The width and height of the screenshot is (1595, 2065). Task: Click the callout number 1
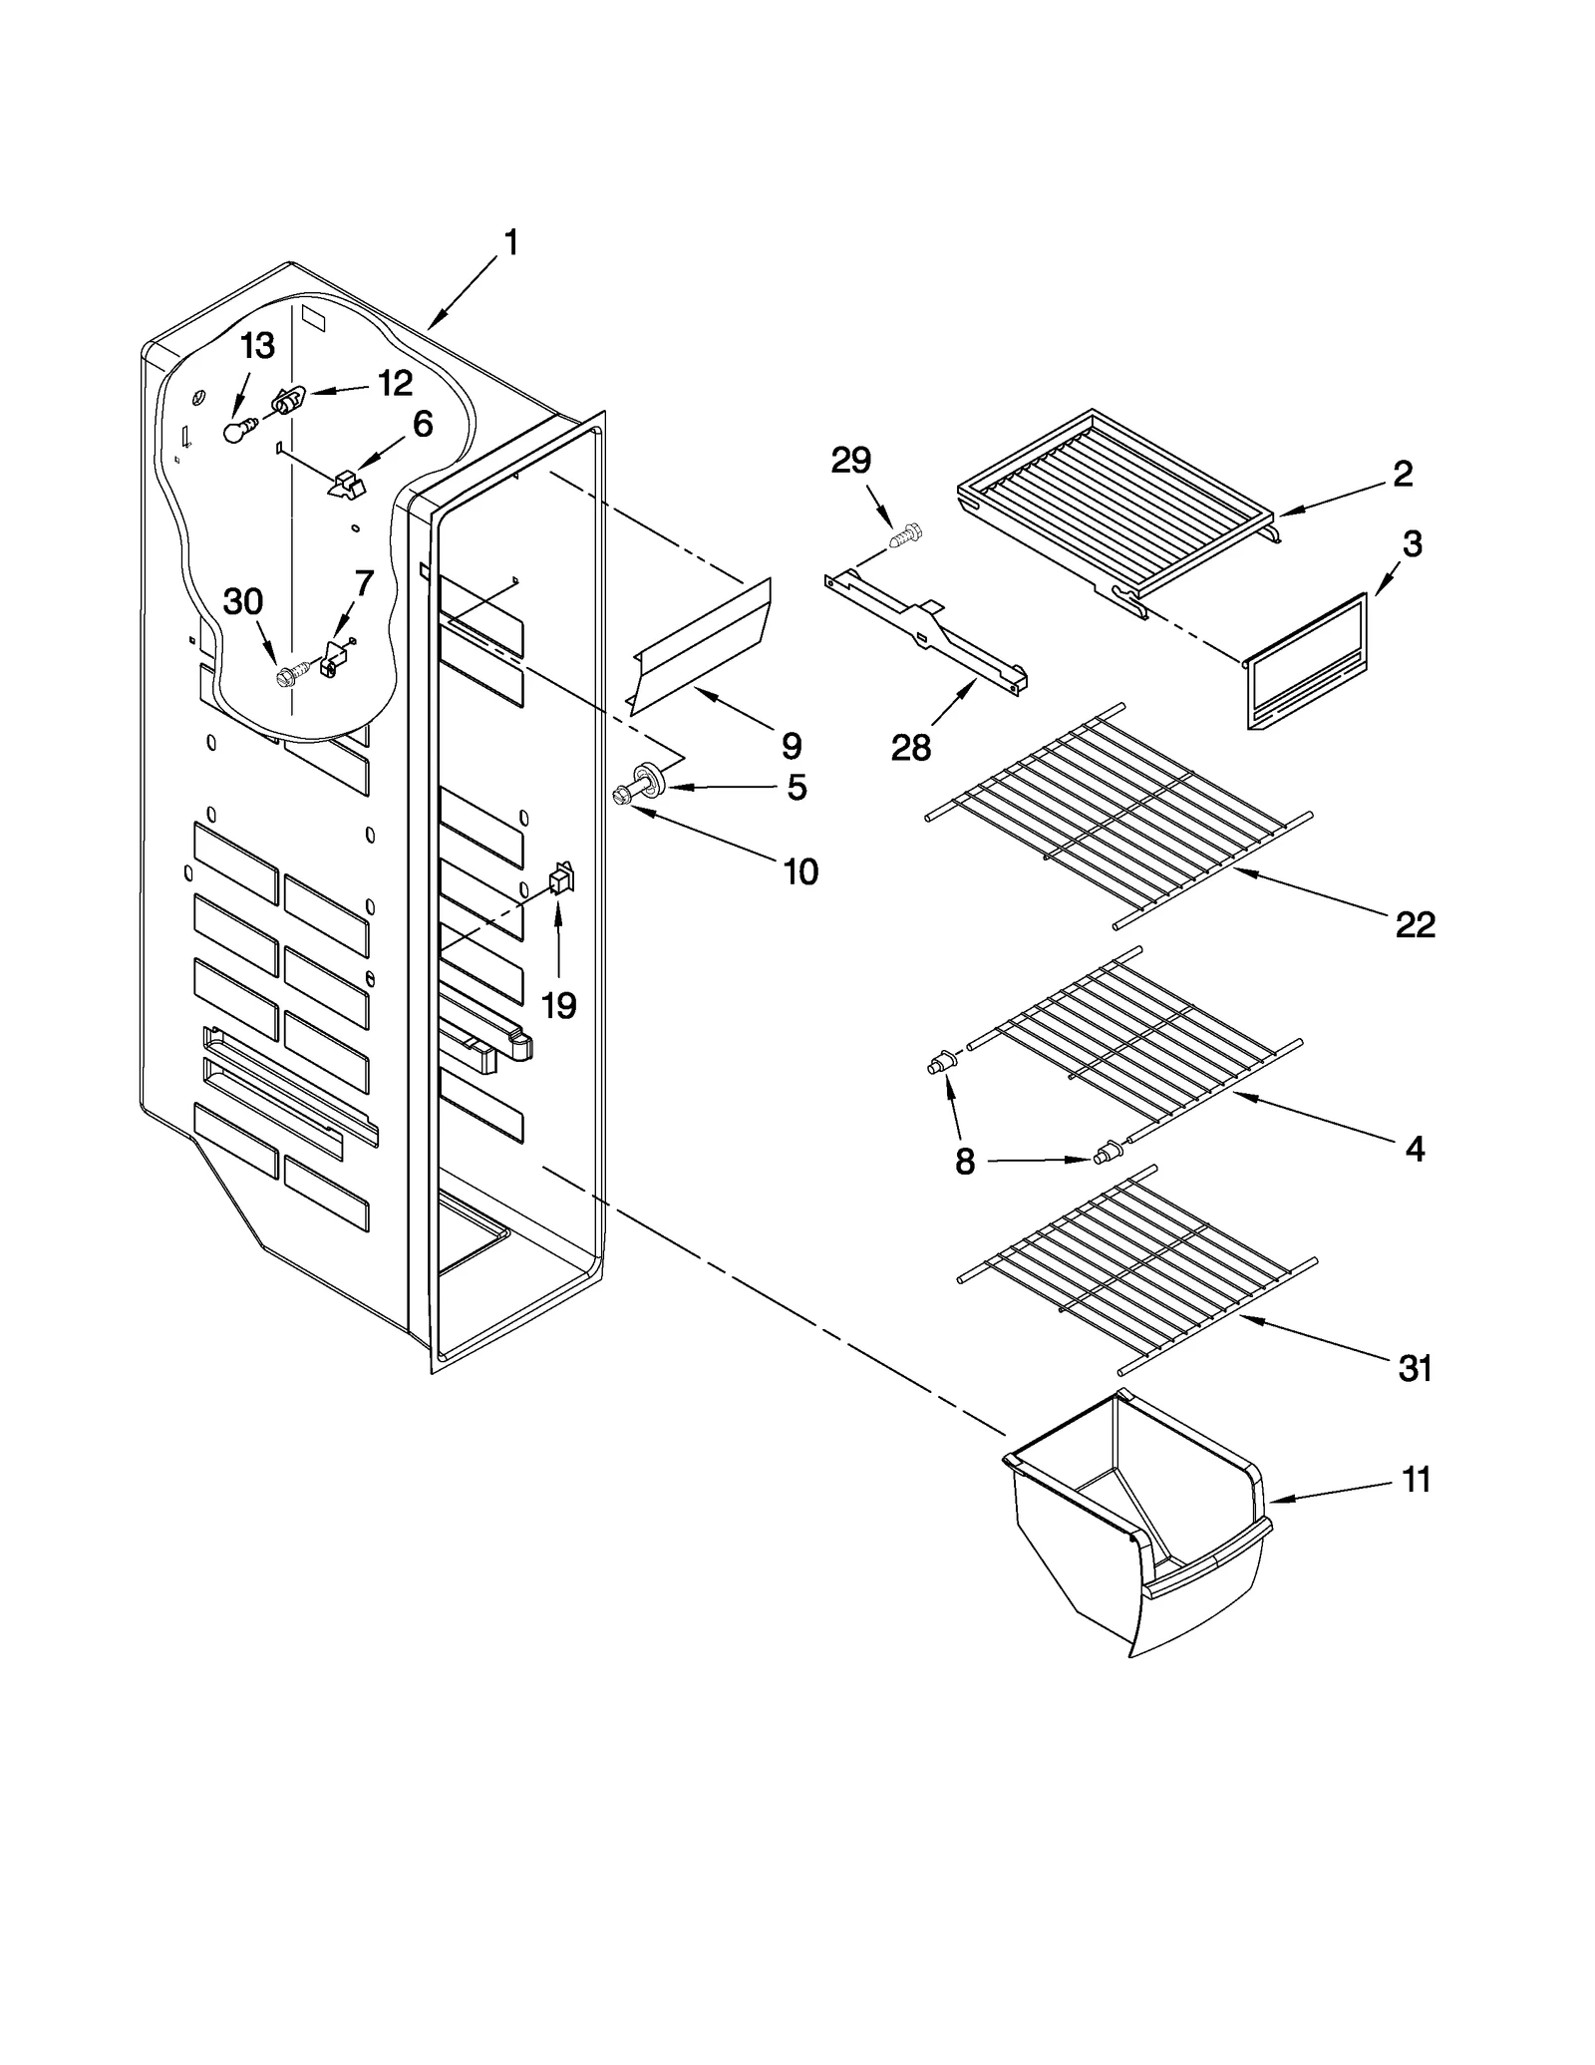click(510, 242)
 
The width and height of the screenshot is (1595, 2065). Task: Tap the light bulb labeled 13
click(235, 431)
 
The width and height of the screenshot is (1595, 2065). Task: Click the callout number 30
click(242, 602)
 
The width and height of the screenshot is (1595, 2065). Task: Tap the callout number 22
click(1415, 925)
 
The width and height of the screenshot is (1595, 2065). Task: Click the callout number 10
click(800, 871)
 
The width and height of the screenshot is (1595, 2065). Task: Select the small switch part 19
click(561, 879)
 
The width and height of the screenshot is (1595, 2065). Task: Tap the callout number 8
click(964, 1162)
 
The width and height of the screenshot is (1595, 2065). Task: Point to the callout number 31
click(1415, 1369)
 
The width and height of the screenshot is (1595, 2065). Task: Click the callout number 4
click(1415, 1149)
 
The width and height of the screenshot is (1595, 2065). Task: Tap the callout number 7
click(364, 583)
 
